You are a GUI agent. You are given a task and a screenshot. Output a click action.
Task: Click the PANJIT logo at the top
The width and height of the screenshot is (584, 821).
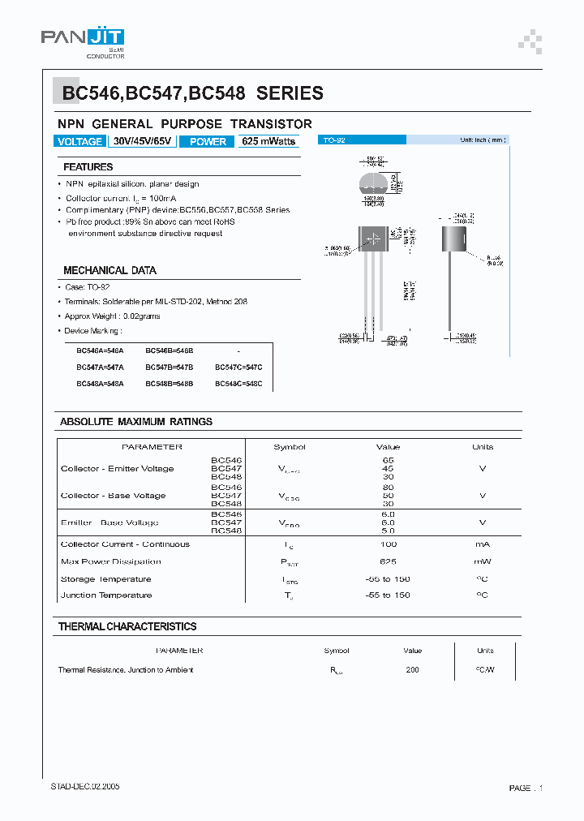[83, 38]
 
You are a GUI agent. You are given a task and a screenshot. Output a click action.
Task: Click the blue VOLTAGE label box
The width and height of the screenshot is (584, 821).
[79, 141]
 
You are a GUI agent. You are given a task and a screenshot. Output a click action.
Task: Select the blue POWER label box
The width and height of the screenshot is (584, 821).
[208, 141]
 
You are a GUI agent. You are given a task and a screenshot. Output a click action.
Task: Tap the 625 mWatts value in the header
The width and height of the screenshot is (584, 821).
[268, 141]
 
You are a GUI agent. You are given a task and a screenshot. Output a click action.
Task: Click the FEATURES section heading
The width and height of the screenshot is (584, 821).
[88, 167]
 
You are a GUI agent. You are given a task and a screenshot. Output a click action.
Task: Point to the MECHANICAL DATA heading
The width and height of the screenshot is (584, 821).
[109, 270]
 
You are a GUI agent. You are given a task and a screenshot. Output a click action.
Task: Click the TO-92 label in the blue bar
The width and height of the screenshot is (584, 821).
[334, 140]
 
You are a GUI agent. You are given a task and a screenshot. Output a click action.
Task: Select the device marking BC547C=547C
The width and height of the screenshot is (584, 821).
[238, 368]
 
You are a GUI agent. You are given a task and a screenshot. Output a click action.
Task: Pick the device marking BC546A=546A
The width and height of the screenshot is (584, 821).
[100, 350]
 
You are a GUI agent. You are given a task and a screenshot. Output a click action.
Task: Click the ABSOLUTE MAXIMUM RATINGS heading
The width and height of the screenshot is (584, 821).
[136, 422]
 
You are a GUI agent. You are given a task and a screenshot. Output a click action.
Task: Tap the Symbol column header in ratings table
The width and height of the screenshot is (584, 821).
[290, 447]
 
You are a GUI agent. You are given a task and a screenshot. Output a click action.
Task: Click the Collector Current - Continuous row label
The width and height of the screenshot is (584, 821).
[125, 544]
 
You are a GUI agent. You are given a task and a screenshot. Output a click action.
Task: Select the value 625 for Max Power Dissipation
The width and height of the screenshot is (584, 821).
[388, 561]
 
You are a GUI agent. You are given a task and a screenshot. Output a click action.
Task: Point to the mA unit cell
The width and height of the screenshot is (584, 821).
[482, 544]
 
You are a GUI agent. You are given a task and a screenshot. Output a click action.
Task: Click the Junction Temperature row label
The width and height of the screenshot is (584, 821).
[106, 595]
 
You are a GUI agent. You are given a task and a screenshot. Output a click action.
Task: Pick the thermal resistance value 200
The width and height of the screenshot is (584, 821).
[413, 670]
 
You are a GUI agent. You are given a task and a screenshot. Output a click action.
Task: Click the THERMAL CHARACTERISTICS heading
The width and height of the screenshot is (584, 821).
[127, 626]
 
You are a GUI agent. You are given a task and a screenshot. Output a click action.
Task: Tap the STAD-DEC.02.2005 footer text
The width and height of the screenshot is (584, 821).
[85, 788]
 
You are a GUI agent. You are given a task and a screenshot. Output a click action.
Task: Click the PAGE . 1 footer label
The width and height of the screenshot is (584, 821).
[525, 788]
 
